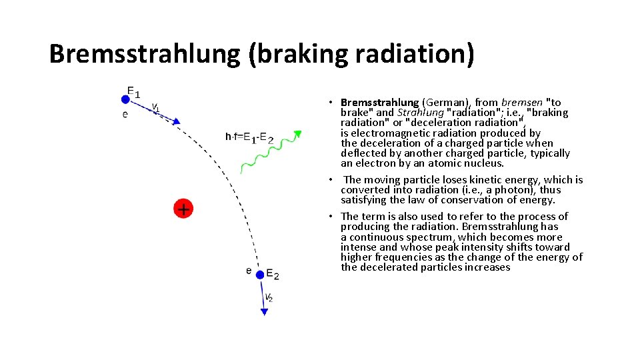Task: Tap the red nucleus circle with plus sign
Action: (183, 209)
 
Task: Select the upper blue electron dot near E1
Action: (125, 99)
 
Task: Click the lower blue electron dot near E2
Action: (260, 274)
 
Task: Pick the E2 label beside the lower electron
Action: (273, 274)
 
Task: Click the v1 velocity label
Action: (155, 107)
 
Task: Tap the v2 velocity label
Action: (269, 297)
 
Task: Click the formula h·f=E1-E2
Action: (249, 138)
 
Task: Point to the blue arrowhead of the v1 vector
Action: (176, 121)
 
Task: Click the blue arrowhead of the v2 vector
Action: (265, 311)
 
